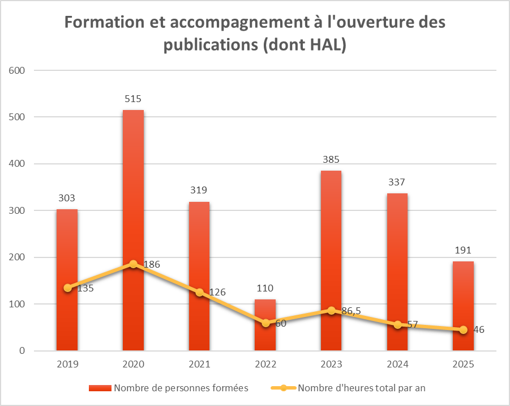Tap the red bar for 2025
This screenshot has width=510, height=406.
[x=463, y=306]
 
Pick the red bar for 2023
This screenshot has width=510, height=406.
[x=331, y=260]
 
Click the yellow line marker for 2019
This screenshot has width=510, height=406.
[x=67, y=288]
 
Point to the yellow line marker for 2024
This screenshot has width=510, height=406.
[x=397, y=325]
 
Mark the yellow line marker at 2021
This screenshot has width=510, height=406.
[x=199, y=293]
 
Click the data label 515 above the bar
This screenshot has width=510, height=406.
[x=133, y=99]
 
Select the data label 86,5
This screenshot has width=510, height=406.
[x=351, y=311]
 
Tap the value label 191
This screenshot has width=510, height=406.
[x=463, y=250]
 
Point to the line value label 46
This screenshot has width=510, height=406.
[x=479, y=330]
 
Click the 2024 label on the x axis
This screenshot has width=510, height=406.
[x=397, y=364]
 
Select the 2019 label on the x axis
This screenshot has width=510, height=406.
[x=67, y=364]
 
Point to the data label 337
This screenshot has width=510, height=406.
[x=397, y=182]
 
